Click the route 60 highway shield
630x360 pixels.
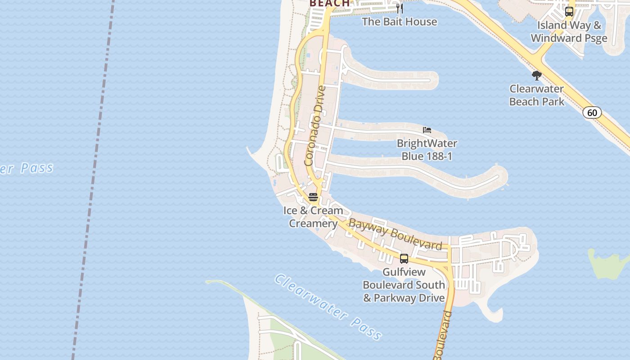point(592,112)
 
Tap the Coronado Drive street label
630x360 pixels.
point(315,126)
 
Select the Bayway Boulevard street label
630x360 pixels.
point(396,234)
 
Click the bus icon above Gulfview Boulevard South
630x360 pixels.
point(404,259)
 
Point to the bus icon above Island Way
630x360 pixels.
point(569,12)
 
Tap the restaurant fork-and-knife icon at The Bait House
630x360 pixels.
point(399,9)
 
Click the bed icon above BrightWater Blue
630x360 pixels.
point(427,130)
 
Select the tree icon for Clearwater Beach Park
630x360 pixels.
point(536,75)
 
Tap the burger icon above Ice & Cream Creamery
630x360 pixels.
point(313,197)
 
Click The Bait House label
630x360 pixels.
point(400,22)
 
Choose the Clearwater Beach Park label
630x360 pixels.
point(536,95)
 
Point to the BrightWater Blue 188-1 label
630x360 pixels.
point(427,150)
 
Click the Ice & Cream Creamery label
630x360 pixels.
point(313,217)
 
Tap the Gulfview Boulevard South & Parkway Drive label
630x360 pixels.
point(404,285)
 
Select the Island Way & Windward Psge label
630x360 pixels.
point(569,31)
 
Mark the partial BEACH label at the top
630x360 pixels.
point(330,4)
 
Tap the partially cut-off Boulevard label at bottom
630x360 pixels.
point(442,335)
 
